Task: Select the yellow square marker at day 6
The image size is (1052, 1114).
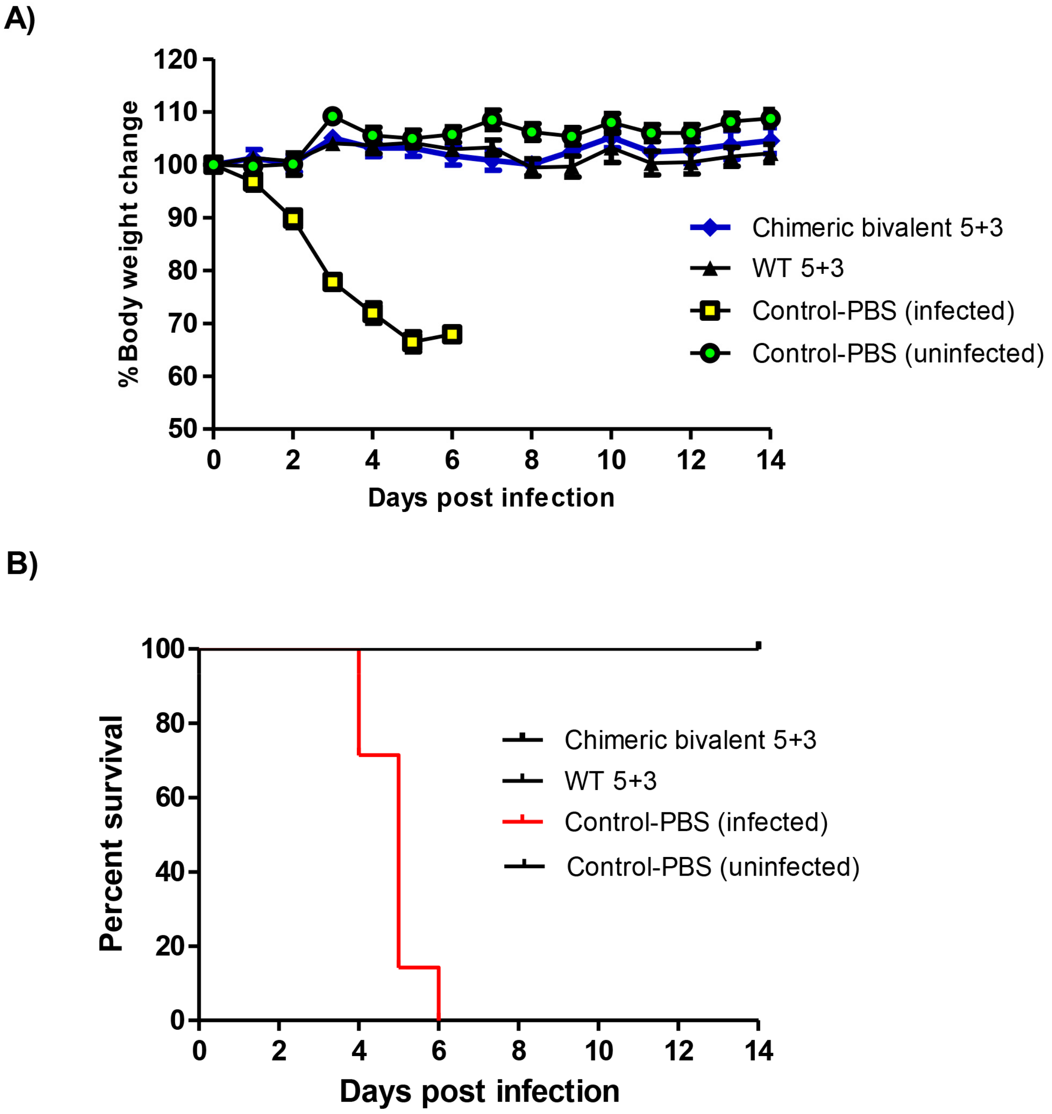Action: (x=452, y=335)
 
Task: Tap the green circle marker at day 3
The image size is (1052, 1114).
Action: (x=333, y=117)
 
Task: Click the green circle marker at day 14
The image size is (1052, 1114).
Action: (x=770, y=119)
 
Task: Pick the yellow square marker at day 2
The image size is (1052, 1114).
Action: (x=293, y=219)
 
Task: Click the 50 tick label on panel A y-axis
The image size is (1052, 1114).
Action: (x=182, y=429)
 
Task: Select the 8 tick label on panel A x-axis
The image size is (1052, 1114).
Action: (x=531, y=460)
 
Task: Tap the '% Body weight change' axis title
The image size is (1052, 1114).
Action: (x=129, y=244)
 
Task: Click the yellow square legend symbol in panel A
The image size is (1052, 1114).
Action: (x=710, y=310)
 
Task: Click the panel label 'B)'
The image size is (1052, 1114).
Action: (x=21, y=563)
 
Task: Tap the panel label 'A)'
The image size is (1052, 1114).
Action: (x=19, y=20)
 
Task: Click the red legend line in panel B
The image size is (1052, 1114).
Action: (x=523, y=822)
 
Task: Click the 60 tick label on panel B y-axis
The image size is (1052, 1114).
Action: (x=170, y=797)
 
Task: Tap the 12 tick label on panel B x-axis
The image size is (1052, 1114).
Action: (x=679, y=1051)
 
